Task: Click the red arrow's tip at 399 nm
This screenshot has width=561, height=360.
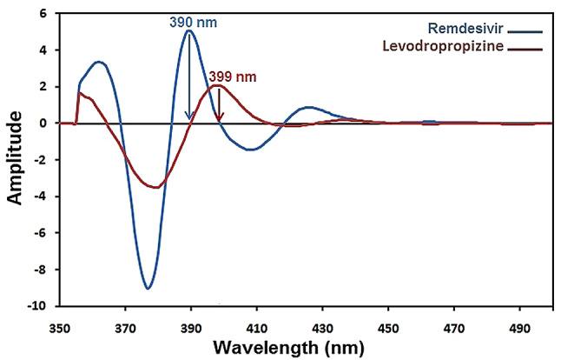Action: click(x=220, y=120)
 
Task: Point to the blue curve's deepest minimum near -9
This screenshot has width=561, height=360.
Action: click(x=148, y=288)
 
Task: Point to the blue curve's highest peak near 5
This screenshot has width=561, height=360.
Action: click(x=188, y=31)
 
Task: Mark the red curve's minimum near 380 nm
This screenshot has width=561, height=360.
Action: click(x=155, y=187)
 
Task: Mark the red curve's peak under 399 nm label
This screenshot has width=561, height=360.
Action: click(x=217, y=85)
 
